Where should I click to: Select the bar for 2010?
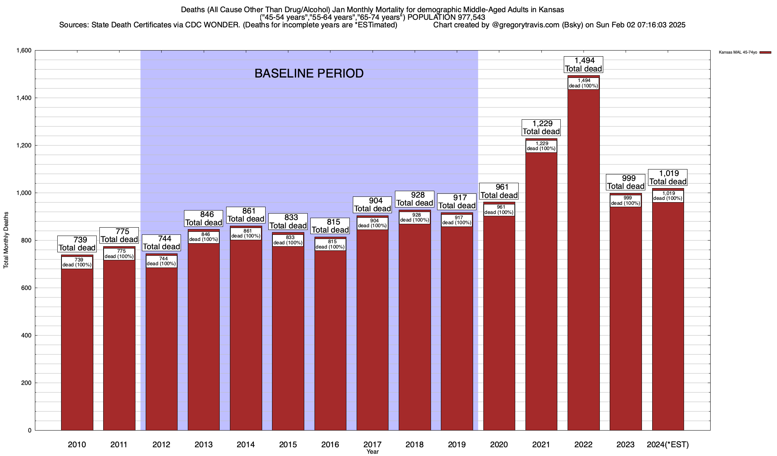[x=77, y=350]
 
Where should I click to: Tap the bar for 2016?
[x=330, y=342]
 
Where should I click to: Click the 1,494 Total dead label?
[x=584, y=65]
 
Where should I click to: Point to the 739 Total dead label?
[x=77, y=244]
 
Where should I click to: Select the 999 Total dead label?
[x=626, y=182]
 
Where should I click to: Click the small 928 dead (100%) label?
[x=415, y=217]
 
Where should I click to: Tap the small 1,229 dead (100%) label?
[x=541, y=146]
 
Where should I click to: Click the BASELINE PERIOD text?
[x=309, y=73]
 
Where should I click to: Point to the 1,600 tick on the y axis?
[x=24, y=51]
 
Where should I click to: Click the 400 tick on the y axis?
[x=27, y=336]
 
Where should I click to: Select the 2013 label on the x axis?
[x=203, y=445]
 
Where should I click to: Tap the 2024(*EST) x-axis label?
[x=668, y=445]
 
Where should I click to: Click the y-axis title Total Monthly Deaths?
[x=6, y=245]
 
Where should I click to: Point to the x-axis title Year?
[x=373, y=452]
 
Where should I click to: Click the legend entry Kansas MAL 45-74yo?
[x=738, y=52]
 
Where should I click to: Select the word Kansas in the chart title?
[x=553, y=9]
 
